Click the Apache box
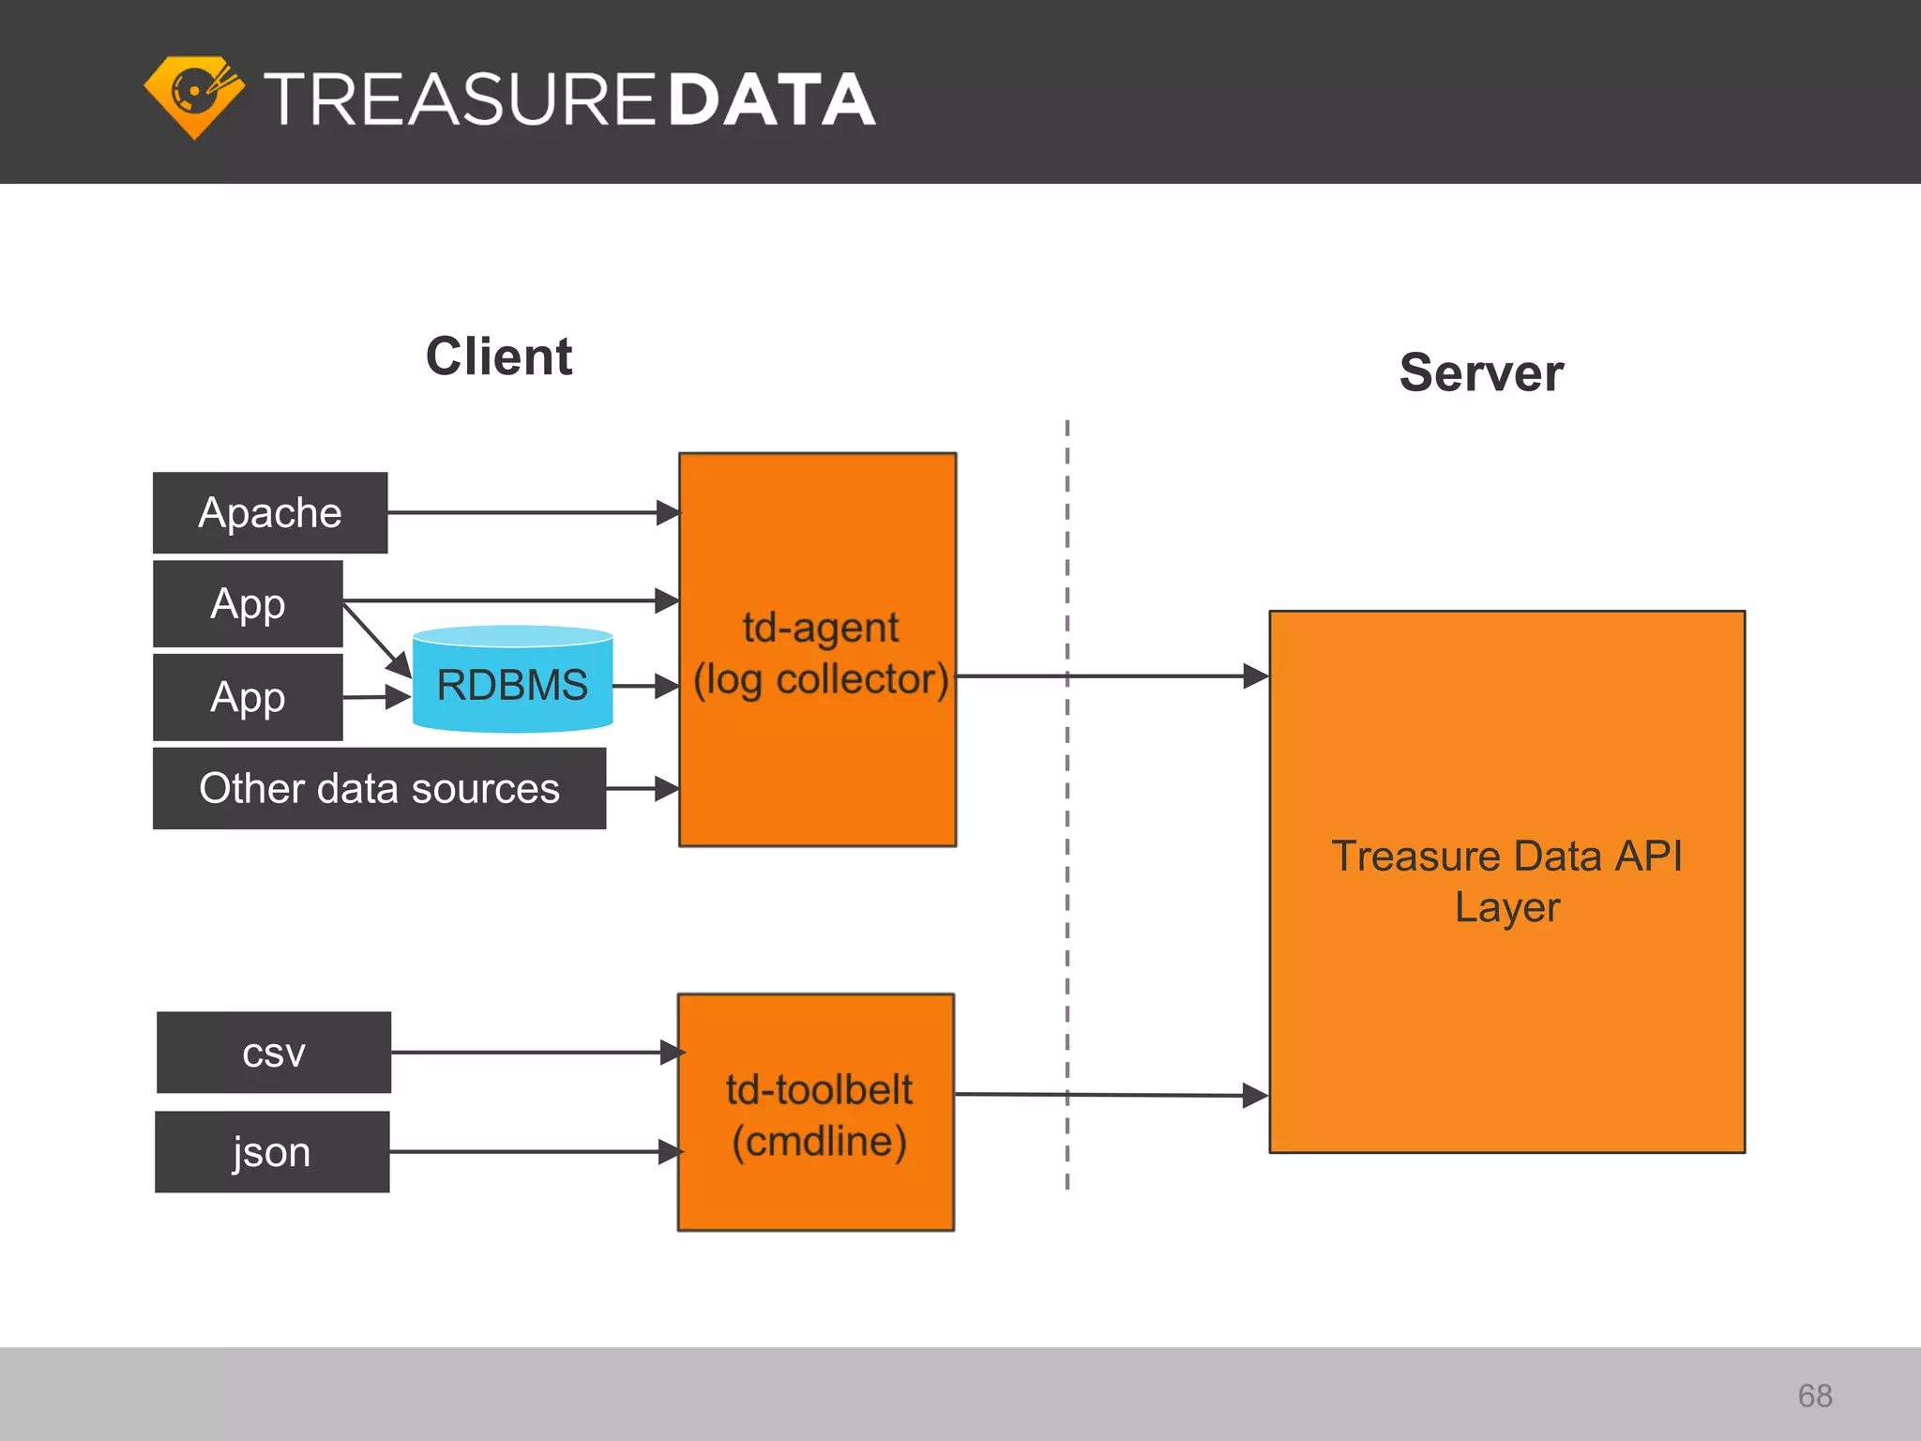point(270,512)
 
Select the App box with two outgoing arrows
point(248,603)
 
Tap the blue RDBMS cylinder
point(512,684)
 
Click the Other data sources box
point(379,788)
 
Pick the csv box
point(273,1053)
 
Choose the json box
point(272,1152)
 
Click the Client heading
point(499,356)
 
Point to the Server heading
point(1481,372)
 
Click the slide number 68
point(1815,1396)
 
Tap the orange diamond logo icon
point(194,97)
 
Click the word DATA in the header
point(771,99)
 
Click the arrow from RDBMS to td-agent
point(645,686)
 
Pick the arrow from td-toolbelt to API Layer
point(1107,1095)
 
